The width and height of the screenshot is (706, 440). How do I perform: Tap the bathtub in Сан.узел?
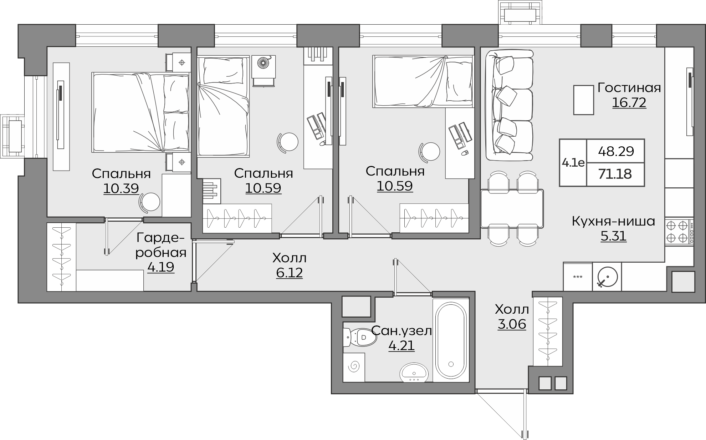tap(451, 340)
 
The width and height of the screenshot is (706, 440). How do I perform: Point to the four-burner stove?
tap(679, 231)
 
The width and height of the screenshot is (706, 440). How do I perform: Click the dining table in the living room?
tap(512, 208)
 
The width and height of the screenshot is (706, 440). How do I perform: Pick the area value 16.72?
tap(629, 103)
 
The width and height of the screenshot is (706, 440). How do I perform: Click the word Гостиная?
tap(629, 88)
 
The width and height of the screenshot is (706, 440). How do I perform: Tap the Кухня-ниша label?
tap(613, 221)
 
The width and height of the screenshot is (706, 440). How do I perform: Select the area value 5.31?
tap(613, 236)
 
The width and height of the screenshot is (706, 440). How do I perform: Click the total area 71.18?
tap(615, 174)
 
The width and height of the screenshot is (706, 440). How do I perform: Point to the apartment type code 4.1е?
tap(573, 163)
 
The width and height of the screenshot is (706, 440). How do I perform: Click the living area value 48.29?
tap(616, 151)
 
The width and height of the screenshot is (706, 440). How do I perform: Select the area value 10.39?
tap(121, 188)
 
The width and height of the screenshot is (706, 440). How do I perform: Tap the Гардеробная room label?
tap(161, 245)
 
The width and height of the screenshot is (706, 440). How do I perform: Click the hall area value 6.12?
tap(289, 273)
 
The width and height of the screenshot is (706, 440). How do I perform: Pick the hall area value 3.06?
tap(512, 324)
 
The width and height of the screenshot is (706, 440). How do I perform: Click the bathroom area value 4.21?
tap(401, 346)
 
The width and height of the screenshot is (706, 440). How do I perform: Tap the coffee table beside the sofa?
tap(583, 100)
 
